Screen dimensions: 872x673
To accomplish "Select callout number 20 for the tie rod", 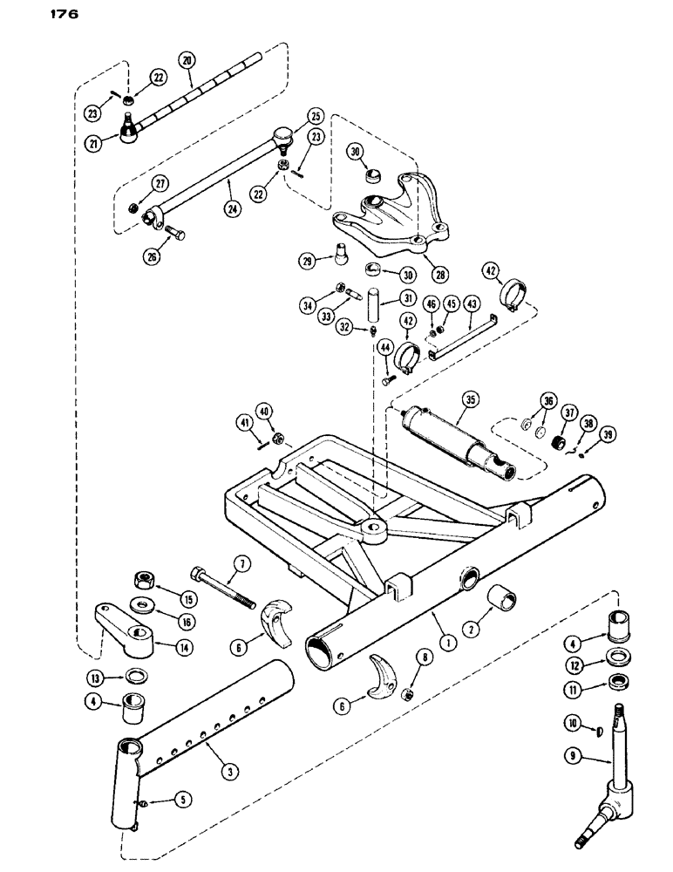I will (186, 60).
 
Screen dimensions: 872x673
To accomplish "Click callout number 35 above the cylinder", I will (472, 400).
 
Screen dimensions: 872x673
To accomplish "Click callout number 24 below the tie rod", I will (230, 184).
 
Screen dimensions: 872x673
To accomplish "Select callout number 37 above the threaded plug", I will (568, 412).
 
